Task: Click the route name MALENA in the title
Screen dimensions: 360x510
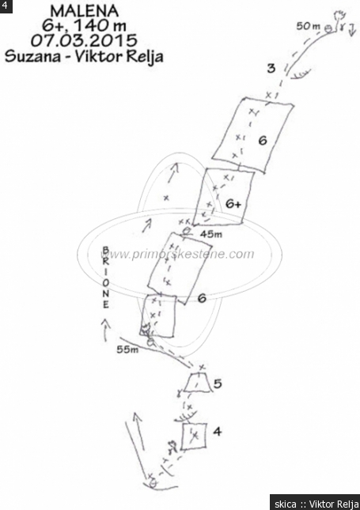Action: (85, 11)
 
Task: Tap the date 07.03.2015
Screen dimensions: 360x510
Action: (84, 40)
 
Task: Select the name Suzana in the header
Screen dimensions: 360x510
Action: (33, 56)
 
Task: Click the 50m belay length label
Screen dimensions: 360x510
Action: (309, 26)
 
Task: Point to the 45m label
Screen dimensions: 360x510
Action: (211, 234)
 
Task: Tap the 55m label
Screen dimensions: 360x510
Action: (127, 349)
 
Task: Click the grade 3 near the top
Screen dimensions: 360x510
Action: (271, 68)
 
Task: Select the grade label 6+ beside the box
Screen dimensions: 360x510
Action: (233, 204)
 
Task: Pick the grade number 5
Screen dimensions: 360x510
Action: (218, 383)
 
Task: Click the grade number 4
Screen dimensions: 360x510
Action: (218, 431)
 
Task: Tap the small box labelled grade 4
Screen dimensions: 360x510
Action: (194, 436)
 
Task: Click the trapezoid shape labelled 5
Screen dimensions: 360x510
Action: (198, 383)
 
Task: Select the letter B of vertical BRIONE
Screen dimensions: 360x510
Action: (106, 250)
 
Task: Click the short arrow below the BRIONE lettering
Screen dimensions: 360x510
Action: (105, 330)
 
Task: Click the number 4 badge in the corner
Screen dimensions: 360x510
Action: (6, 6)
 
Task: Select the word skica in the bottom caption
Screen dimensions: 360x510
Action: (286, 504)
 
